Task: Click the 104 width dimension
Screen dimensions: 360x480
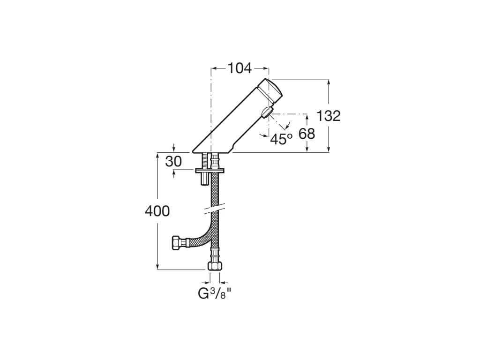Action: pos(240,68)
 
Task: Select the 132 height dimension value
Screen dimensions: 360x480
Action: pos(328,116)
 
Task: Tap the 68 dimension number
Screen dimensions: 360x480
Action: pos(307,134)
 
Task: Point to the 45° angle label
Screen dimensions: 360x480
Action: pos(281,139)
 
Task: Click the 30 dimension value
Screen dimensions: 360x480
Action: pos(173,161)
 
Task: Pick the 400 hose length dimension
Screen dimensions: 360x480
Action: pos(157,211)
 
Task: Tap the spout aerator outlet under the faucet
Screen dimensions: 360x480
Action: pos(266,113)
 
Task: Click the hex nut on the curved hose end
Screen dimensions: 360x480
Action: pos(178,243)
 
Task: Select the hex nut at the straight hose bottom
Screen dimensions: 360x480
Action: pos(215,266)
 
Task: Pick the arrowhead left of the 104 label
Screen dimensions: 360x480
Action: pos(214,68)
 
